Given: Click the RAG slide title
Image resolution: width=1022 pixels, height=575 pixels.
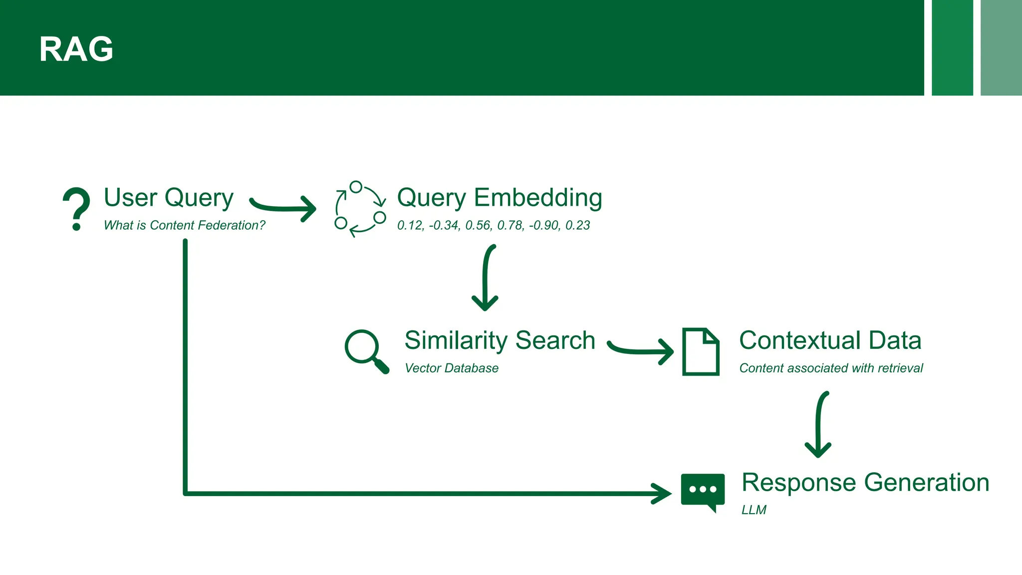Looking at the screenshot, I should (76, 49).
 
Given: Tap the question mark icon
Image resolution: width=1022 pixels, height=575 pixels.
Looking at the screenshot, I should (77, 209).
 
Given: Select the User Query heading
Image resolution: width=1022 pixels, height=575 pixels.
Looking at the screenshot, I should (169, 198).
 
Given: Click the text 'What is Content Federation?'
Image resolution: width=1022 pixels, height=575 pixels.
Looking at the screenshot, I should (184, 225).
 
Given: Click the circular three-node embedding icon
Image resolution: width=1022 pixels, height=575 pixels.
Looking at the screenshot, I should (360, 209).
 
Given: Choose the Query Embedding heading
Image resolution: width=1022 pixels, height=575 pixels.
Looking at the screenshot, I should (500, 198).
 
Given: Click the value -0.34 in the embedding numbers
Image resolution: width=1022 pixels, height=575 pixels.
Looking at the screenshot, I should (444, 226).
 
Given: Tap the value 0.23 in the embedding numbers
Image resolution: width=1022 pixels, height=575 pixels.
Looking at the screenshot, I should (577, 226).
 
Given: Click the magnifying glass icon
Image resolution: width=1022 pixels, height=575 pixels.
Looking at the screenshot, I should (366, 351).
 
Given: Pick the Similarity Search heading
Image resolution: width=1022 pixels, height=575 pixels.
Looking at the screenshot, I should (500, 340).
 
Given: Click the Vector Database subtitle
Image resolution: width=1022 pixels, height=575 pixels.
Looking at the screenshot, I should (451, 368).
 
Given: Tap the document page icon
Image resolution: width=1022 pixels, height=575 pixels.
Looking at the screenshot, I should (701, 351).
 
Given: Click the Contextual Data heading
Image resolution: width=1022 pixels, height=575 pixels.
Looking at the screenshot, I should (830, 340).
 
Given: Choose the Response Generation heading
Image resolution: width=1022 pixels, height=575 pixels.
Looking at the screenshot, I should (865, 483).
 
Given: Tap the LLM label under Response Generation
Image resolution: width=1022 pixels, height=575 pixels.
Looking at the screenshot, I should (754, 510).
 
